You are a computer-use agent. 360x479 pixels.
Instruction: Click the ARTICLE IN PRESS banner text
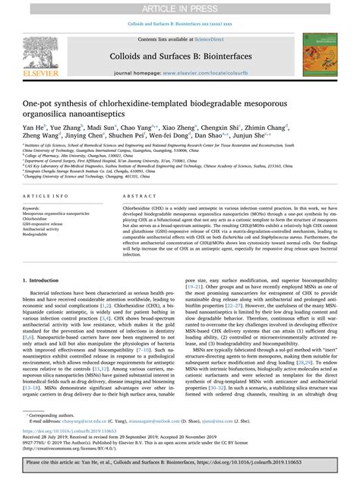click(180, 8)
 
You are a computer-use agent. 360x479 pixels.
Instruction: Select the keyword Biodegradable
click(36, 235)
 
